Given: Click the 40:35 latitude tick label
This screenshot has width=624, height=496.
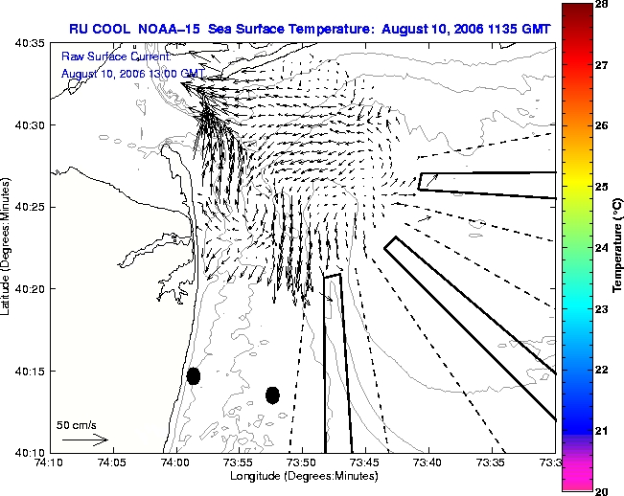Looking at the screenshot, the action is coord(30,42).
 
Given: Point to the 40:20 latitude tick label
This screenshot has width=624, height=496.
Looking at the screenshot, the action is coord(30,289).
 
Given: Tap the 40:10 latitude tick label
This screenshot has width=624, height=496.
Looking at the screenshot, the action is coord(30,453).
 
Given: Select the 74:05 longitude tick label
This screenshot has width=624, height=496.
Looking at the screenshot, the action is coord(113,463).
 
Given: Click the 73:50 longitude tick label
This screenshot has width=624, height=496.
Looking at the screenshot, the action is coord(302,463).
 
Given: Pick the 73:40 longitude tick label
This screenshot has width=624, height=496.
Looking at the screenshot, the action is coord(429,463).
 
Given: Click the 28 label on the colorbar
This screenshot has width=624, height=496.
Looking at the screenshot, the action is coord(601,4).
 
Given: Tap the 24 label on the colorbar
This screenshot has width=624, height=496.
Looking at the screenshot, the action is coord(601,248).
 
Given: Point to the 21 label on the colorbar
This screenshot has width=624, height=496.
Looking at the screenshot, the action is coord(601,431).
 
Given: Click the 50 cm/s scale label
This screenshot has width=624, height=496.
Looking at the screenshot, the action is coord(76,425).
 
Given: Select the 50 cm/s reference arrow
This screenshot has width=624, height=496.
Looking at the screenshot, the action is coord(85,440).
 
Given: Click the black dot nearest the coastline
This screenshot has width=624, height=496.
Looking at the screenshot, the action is coord(194,376).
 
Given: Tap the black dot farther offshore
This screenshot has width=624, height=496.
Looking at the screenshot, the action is coord(272,395).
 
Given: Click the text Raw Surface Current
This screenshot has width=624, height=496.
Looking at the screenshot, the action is coord(116,56).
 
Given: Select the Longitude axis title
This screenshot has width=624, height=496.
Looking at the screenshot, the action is coord(304,476).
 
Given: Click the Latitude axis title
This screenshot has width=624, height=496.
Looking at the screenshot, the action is coord(5,246).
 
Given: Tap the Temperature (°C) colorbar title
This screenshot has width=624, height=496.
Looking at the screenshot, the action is coord(617,246).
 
